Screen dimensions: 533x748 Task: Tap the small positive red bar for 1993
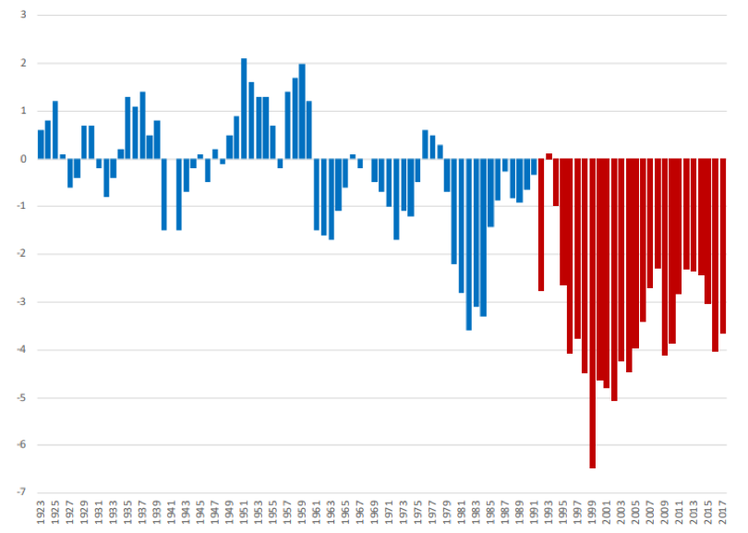click(x=549, y=156)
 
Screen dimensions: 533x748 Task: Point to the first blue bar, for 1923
click(x=41, y=144)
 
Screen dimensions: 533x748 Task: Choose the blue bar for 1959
click(x=302, y=111)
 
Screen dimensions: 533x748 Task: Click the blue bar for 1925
click(x=55, y=129)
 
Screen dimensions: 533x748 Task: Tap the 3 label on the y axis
click(x=22, y=16)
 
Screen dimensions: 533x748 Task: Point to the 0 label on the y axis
click(x=22, y=159)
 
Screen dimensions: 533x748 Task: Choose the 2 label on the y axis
click(x=22, y=64)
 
